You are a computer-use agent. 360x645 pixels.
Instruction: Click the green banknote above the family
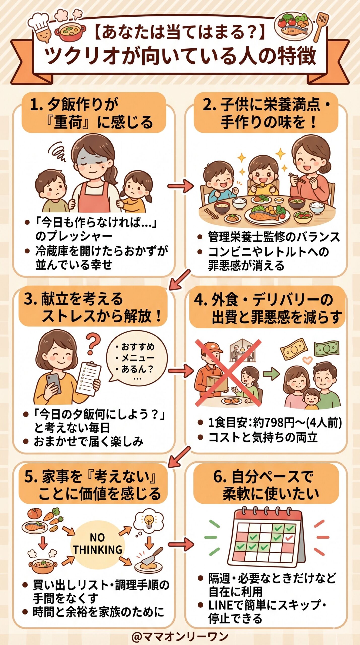tap(326, 349)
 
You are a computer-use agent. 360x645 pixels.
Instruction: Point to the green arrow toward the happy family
tap(271, 374)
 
